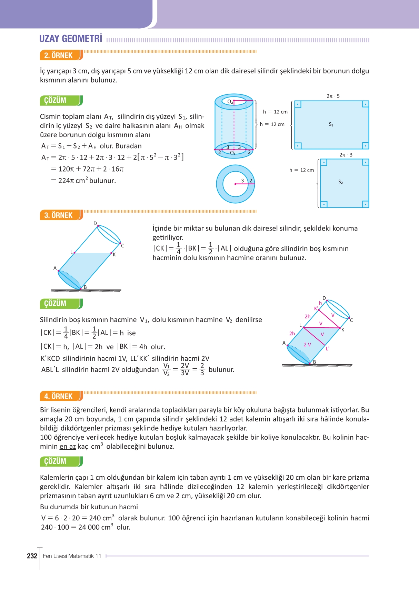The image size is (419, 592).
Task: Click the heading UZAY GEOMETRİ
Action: [x=71, y=39]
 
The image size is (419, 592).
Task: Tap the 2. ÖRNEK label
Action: [x=58, y=55]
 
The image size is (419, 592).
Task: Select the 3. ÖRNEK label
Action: [x=58, y=215]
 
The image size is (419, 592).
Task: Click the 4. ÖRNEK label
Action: [x=58, y=396]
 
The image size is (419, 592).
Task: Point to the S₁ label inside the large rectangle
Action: [x=331, y=124]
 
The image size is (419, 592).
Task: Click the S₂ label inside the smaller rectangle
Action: [x=340, y=182]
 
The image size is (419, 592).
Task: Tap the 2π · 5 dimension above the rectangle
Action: [x=333, y=96]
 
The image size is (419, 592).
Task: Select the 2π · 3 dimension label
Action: [x=346, y=155]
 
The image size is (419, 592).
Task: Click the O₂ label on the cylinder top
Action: [x=230, y=102]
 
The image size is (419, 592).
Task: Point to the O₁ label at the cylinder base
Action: [x=232, y=153]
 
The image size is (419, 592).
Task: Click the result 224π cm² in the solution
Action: [x=74, y=181]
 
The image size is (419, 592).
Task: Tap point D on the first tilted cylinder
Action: [x=95, y=223]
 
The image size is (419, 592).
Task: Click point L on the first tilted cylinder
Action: [x=71, y=252]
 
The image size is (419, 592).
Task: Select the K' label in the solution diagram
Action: [x=316, y=308]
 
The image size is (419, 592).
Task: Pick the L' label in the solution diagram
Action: [x=328, y=348]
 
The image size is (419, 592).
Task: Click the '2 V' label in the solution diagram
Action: [x=307, y=345]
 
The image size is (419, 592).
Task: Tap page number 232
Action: [x=32, y=556]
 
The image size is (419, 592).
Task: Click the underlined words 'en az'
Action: [x=68, y=447]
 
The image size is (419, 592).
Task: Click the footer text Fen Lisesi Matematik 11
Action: [x=72, y=556]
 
